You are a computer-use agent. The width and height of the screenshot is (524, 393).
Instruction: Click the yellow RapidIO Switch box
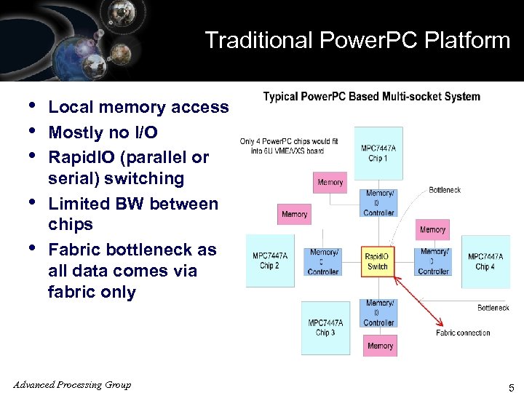[377, 261]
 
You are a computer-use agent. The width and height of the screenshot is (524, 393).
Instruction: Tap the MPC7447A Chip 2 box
[270, 261]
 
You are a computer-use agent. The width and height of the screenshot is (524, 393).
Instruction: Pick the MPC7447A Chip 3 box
[325, 327]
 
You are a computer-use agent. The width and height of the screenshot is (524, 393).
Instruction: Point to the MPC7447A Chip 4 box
[485, 261]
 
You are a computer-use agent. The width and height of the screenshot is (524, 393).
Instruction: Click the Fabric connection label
[463, 333]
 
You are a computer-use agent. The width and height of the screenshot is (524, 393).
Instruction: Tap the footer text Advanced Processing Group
[72, 385]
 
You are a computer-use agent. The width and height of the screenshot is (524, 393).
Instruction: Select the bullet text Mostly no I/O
[103, 132]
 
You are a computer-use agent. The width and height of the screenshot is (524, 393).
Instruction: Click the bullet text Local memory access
[138, 107]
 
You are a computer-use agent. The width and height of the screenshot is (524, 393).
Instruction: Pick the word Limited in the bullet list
[79, 204]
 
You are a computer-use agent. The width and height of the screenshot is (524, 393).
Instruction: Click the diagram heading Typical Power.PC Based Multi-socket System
[371, 96]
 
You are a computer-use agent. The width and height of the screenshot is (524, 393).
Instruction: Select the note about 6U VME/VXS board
[289, 146]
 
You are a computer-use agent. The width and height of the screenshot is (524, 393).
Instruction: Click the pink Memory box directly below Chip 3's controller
[380, 346]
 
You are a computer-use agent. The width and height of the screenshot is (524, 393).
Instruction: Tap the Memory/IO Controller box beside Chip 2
[323, 261]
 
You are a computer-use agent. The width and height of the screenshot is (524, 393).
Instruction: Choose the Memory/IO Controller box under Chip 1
[379, 203]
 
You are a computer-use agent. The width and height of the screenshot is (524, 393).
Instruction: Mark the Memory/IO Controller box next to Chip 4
[433, 261]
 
